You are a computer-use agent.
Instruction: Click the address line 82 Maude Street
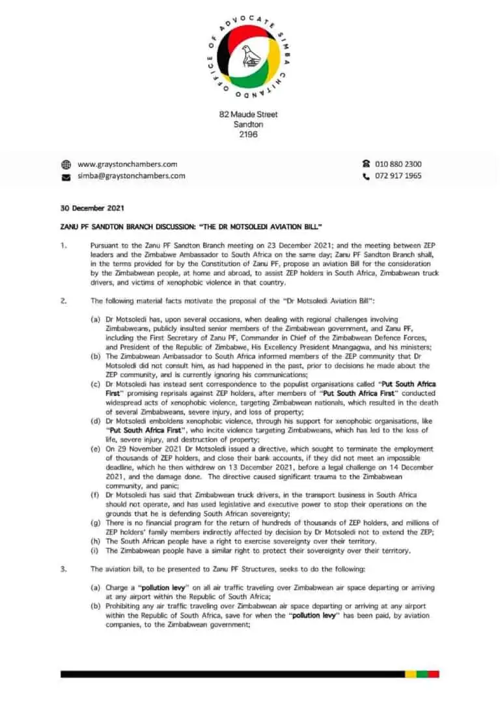[248, 115]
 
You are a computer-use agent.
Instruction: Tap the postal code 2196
[248, 135]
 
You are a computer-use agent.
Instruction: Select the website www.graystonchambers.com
[127, 164]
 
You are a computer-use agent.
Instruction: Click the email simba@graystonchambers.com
[131, 176]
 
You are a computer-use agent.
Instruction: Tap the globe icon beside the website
[66, 165]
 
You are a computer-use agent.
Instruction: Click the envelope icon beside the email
[66, 177]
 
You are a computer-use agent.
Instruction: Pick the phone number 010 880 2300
[398, 164]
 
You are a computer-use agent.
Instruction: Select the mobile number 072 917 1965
[398, 176]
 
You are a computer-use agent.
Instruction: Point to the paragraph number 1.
[63, 248]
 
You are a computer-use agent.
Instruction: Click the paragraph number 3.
[63, 569]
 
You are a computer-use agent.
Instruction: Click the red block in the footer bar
[434, 674]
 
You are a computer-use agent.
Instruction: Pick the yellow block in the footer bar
[410, 674]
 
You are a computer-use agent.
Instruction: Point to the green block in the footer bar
[422, 674]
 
